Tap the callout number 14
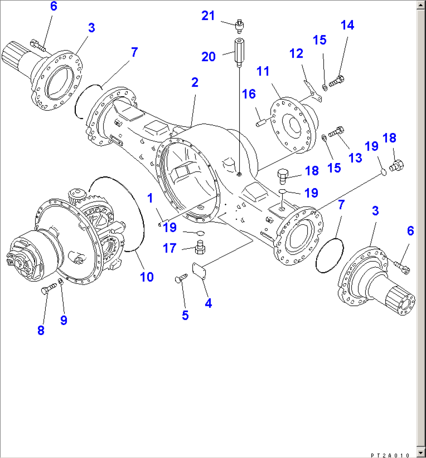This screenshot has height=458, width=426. (x=347, y=25)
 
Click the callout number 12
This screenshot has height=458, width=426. (x=296, y=53)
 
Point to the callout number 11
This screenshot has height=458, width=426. (x=263, y=71)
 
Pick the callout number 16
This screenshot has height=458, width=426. (x=248, y=94)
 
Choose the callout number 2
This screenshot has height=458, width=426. (x=194, y=82)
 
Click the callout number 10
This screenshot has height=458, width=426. (x=147, y=277)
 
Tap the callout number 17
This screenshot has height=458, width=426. (x=170, y=248)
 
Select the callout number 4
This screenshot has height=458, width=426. (x=208, y=303)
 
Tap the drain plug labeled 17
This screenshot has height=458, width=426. (x=200, y=247)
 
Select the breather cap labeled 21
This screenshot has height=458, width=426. (x=239, y=26)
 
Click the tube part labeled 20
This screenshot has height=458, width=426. (x=239, y=52)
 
